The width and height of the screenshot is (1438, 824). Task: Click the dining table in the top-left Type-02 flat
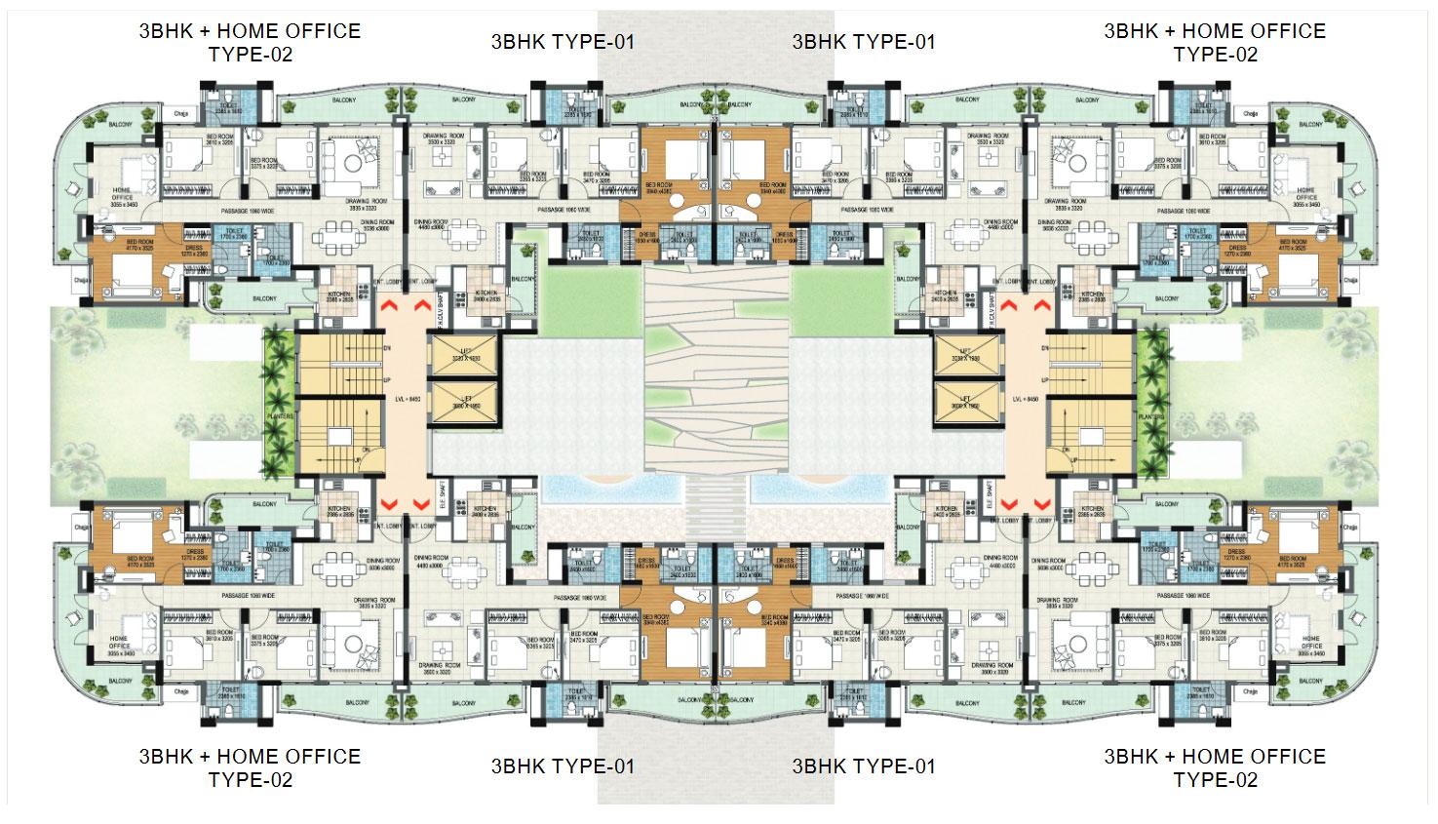coord(334,234)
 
